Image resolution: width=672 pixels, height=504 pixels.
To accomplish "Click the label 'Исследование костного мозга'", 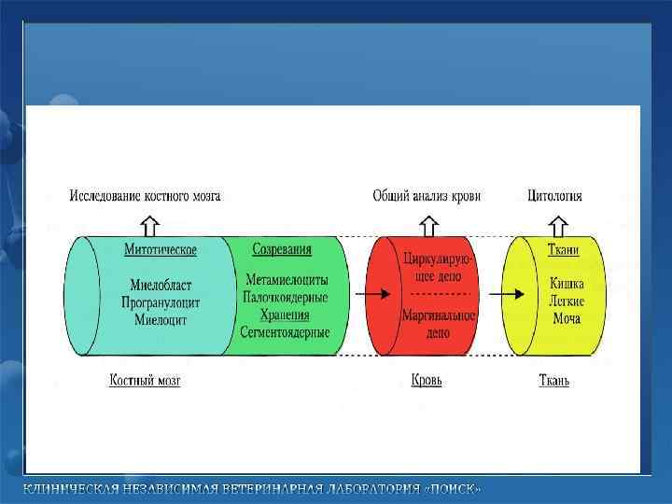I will (x=146, y=196).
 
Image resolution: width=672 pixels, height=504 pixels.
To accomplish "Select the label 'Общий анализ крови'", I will (x=427, y=196).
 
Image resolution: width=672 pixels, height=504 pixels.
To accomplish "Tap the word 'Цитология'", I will (x=554, y=196).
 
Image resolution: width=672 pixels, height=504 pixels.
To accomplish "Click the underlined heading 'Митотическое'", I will (x=161, y=249).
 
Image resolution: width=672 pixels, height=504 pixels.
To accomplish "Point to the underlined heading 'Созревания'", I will (x=282, y=249).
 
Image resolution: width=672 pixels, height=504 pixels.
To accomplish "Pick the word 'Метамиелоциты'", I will (x=286, y=279).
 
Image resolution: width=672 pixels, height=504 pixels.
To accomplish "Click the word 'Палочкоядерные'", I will (x=286, y=297).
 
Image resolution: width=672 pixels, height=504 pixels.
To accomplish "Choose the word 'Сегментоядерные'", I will (x=286, y=330).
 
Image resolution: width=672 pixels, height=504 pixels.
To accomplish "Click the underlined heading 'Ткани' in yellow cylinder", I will (x=565, y=249).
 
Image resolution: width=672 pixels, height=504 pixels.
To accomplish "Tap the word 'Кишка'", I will (x=567, y=283).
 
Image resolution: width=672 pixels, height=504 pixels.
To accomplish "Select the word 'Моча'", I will (x=566, y=318).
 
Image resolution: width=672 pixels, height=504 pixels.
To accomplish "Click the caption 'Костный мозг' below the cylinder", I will (x=145, y=381).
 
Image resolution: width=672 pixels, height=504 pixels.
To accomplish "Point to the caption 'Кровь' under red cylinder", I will (x=427, y=381).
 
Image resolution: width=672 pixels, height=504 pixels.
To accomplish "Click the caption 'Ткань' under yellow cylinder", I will (x=554, y=381).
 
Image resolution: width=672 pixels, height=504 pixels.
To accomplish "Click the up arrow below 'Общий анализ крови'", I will (x=427, y=225).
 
